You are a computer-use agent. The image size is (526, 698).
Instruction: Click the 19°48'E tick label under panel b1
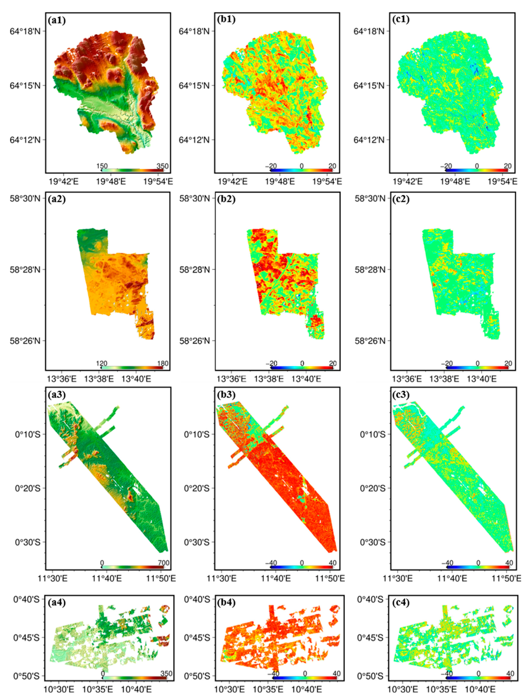(x=279, y=182)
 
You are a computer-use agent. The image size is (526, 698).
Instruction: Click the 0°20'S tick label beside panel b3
(x=197, y=488)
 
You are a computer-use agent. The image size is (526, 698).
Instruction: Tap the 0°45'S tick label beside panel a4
(x=26, y=638)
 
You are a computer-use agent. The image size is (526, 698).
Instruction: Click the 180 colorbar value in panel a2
(x=163, y=363)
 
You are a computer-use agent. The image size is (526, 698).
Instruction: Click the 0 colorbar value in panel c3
(x=478, y=563)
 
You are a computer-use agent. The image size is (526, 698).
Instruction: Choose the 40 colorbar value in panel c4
(x=510, y=674)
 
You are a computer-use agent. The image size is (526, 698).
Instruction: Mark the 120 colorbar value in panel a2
(x=102, y=363)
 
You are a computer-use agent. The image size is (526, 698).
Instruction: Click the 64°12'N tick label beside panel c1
(x=369, y=140)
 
